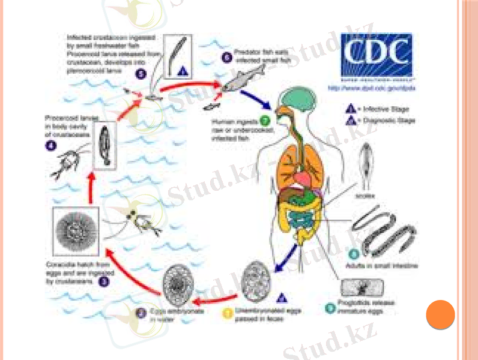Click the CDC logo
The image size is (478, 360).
377,55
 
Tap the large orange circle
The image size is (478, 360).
440,314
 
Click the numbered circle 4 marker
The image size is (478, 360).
50,143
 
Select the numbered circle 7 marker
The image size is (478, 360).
264,122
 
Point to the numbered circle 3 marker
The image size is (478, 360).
104,280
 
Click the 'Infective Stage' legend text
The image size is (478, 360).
390,109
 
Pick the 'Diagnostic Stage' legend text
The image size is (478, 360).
394,121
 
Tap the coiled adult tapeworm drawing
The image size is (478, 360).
381,231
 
